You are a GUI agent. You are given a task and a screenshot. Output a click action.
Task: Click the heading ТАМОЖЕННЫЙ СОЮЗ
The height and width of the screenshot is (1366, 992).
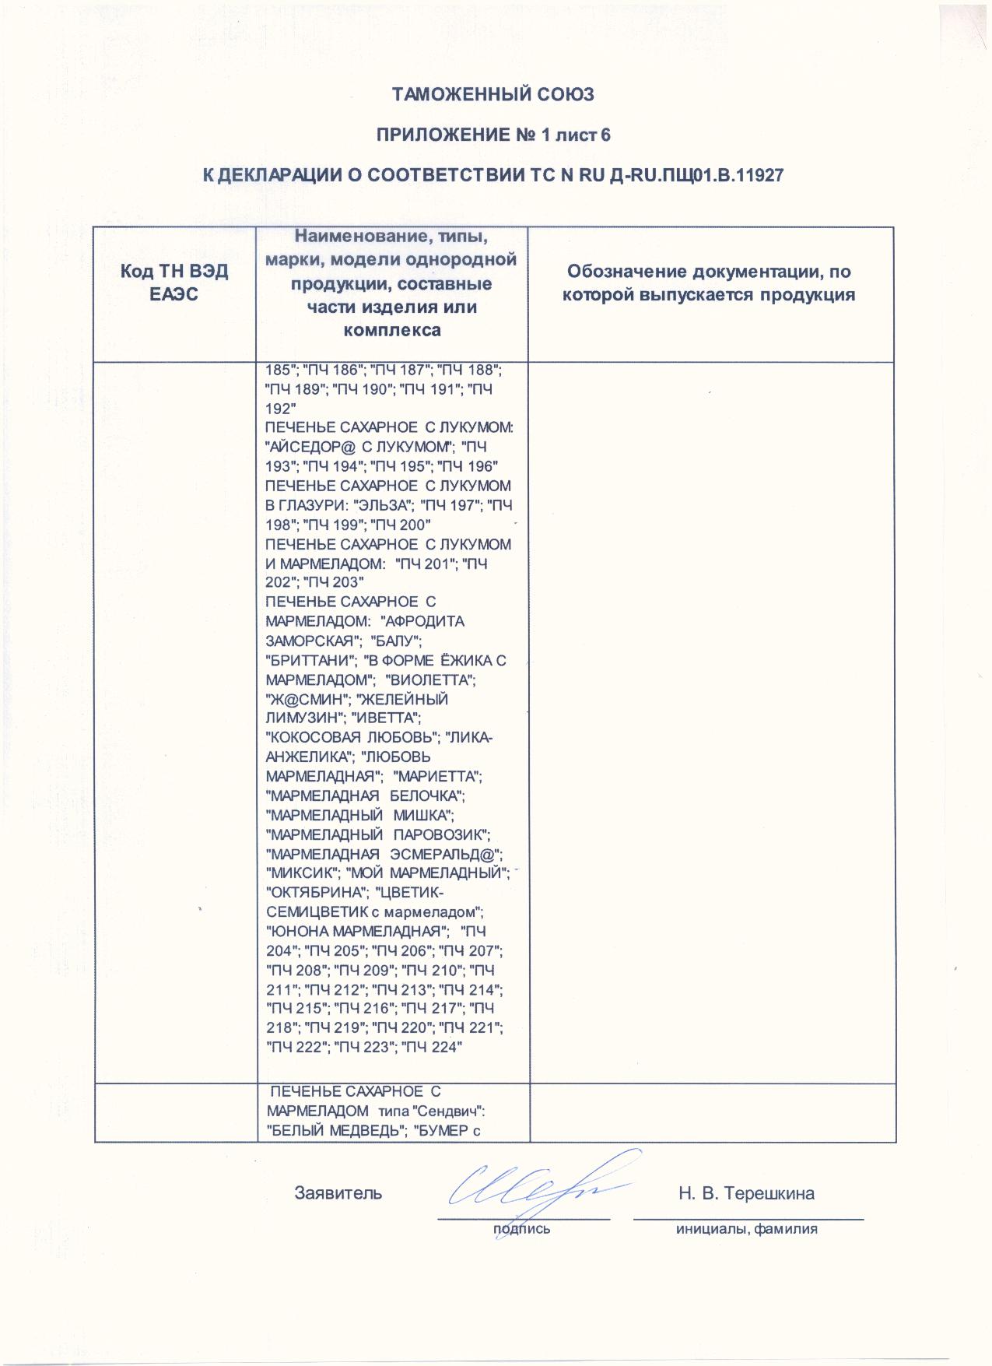pyautogui.click(x=492, y=95)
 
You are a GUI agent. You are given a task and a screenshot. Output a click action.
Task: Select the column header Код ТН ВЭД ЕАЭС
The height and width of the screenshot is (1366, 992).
pyautogui.click(x=174, y=284)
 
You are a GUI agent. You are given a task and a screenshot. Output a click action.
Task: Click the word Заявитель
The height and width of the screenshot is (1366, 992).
pyautogui.click(x=338, y=1193)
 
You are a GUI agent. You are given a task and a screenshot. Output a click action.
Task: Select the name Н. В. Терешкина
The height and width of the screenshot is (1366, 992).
pyautogui.click(x=746, y=1193)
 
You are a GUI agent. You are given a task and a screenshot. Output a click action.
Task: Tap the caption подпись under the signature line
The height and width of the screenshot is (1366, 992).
pyautogui.click(x=521, y=1229)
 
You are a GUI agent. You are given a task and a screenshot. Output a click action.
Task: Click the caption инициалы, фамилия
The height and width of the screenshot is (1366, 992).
pyautogui.click(x=746, y=1229)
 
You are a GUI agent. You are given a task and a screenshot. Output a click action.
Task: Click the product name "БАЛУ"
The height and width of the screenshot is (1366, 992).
pyautogui.click(x=397, y=641)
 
